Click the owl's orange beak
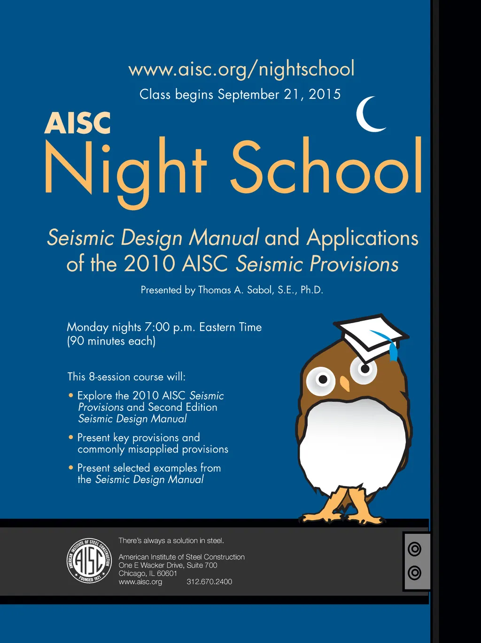(345, 383)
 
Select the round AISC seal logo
(89, 560)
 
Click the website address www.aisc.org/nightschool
(241, 69)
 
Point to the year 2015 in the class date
(325, 94)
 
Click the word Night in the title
(125, 170)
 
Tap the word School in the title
(326, 167)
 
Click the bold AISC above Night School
(78, 123)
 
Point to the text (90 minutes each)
(111, 341)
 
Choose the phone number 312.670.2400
(209, 582)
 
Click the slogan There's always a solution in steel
(171, 541)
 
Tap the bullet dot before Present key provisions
(71, 437)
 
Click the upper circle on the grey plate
(414, 549)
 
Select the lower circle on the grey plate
(414, 573)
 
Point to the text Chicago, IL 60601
(147, 573)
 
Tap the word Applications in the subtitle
(362, 238)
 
